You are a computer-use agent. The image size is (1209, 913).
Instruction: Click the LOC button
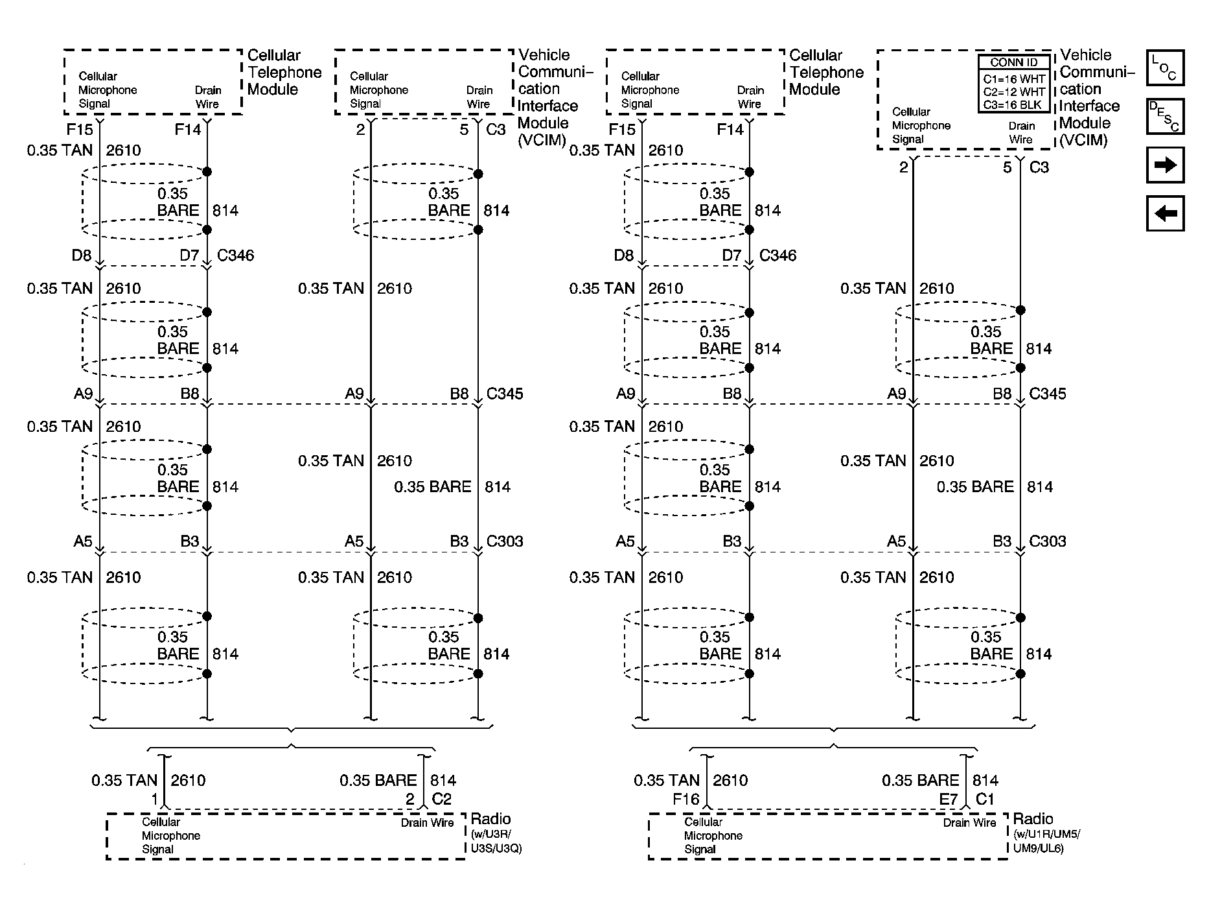coord(1164,68)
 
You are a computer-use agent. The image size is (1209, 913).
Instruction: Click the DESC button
coord(1164,116)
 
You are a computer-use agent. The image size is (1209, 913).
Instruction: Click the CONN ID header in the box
coord(1013,63)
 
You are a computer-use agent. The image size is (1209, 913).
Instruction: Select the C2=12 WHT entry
coord(1013,92)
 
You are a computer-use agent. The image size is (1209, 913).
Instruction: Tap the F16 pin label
coord(685,799)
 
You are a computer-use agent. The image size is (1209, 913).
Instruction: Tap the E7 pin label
coord(948,799)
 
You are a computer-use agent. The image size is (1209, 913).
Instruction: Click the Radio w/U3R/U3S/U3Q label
coord(496,833)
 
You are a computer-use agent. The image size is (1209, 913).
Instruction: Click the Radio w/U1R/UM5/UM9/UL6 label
coord(1046,833)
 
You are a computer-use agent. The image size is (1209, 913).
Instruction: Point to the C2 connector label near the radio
coord(441,799)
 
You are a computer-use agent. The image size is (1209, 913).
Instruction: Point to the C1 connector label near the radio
coord(984,799)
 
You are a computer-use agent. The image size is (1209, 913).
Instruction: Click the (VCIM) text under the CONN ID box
coord(1083,140)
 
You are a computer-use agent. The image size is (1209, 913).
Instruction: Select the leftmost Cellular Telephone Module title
coord(284,72)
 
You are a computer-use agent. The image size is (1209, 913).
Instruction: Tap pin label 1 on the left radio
coord(154,799)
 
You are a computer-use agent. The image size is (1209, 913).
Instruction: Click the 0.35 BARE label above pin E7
coord(920,780)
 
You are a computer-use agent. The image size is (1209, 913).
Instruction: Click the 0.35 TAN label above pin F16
coord(667,780)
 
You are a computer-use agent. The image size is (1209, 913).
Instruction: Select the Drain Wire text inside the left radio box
coord(427,823)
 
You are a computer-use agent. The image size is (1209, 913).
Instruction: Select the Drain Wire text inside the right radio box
coord(969,823)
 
